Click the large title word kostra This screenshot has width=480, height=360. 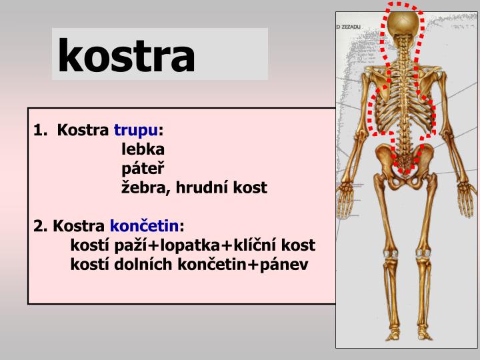[x=127, y=55]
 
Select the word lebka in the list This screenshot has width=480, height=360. [x=143, y=149]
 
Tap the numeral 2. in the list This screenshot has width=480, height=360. [x=40, y=226]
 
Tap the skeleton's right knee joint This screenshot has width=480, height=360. [x=422, y=252]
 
